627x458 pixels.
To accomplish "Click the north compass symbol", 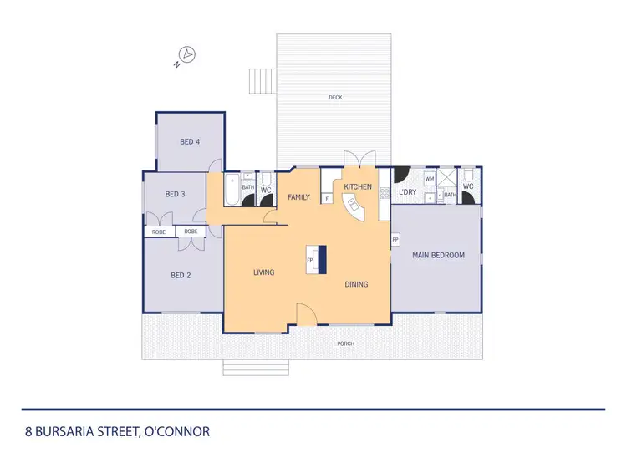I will [x=188, y=56].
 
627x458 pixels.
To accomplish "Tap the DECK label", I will [x=335, y=98].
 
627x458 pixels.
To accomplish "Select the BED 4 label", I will [x=190, y=141].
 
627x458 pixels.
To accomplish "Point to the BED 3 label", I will [x=175, y=195].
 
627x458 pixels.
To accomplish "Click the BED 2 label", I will [x=181, y=275].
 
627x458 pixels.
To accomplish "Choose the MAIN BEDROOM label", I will [x=438, y=255].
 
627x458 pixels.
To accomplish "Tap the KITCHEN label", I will [x=358, y=186].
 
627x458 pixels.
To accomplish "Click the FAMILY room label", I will [x=299, y=197].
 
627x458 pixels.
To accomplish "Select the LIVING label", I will [x=264, y=272].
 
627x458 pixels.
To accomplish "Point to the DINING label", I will [x=356, y=284].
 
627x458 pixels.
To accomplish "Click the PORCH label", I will [x=345, y=343].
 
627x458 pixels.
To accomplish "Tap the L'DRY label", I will [x=408, y=192].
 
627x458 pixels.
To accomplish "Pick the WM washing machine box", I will [x=430, y=179].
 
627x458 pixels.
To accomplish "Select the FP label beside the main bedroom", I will [x=395, y=240].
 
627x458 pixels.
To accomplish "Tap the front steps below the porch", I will [x=255, y=368].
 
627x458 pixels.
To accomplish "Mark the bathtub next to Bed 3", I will [x=230, y=191].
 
